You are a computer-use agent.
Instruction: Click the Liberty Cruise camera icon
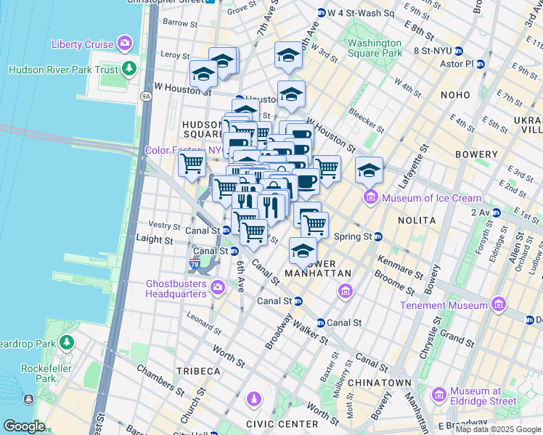tap(126, 43)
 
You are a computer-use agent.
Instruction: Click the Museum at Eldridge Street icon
tap(438, 395)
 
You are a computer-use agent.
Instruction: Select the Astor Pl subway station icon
tap(480, 64)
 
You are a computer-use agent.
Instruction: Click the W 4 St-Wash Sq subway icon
tap(322, 13)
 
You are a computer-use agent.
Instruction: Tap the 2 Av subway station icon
tap(498, 212)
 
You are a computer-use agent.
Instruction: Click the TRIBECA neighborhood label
tap(197, 370)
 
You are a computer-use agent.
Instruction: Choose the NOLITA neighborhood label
tap(416, 220)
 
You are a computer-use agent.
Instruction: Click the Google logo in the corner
tap(24, 426)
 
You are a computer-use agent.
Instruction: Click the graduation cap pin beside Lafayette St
tap(369, 171)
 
